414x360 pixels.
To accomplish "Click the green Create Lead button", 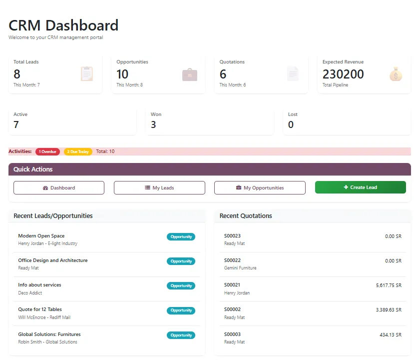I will [360, 187].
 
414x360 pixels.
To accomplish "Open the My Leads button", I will [159, 187].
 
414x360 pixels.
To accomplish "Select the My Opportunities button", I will [260, 187].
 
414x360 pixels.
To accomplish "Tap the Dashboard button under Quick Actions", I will [59, 187].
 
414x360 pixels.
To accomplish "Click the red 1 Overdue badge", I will [47, 151].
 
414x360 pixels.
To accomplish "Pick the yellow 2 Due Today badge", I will [78, 151].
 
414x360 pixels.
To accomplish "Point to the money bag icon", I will [396, 74].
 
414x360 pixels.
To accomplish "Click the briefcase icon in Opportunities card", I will [190, 74].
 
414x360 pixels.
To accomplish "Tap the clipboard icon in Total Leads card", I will [87, 74].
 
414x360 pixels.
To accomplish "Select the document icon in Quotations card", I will [293, 74].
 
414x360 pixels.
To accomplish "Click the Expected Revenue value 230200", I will [343, 74].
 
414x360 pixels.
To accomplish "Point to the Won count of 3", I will [153, 124].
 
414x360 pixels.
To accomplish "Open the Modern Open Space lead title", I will [41, 235].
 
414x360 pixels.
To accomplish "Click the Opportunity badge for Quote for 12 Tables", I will [181, 310].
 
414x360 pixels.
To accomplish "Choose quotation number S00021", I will [232, 284].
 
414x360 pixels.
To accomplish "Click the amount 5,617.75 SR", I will [389, 285].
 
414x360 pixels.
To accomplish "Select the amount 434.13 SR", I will [390, 334].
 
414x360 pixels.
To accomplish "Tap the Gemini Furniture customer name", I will [240, 268].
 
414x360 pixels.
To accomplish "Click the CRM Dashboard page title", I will [63, 25].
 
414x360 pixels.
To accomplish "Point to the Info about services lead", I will [39, 284].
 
